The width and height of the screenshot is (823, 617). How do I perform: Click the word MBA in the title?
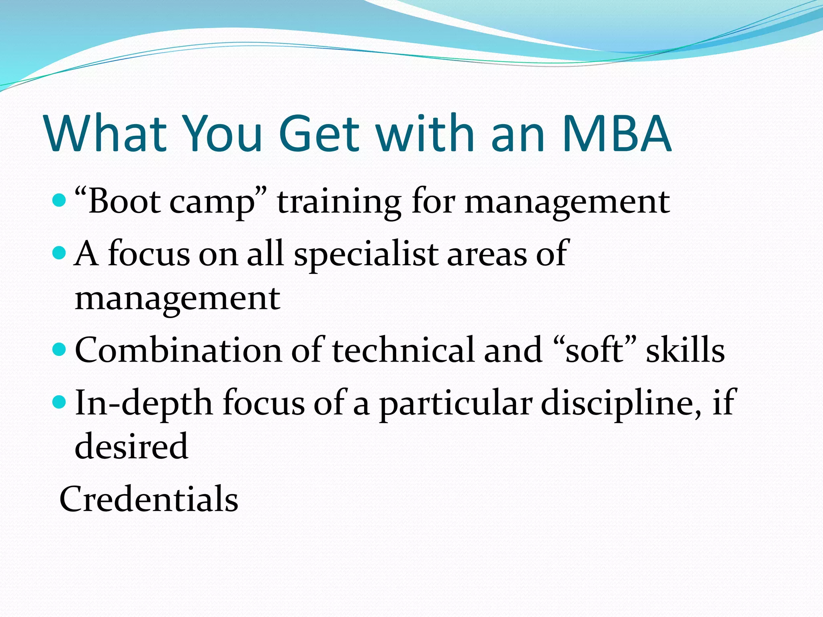616,134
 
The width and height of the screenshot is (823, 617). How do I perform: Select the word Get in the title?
319,134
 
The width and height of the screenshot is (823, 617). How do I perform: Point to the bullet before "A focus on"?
59,253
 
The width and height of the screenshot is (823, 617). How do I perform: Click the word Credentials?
149,499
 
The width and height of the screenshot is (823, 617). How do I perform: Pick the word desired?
131,447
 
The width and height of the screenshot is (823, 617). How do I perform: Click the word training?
339,202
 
